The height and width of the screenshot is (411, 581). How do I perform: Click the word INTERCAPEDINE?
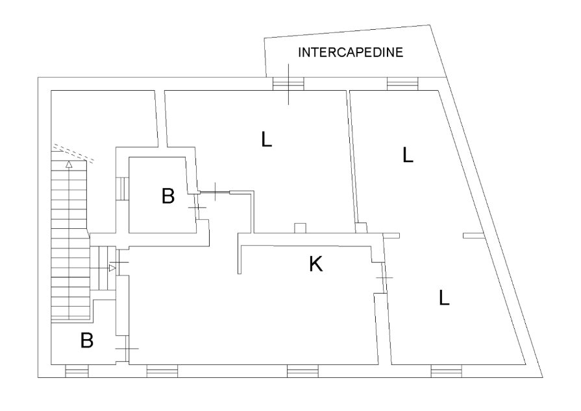click(351, 53)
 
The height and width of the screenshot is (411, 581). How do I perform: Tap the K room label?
click(315, 264)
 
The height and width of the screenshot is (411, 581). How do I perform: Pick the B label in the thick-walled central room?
click(168, 196)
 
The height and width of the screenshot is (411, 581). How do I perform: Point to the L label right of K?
click(444, 298)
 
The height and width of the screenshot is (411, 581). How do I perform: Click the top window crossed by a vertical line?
click(288, 84)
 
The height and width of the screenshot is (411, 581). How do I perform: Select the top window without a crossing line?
click(401, 84)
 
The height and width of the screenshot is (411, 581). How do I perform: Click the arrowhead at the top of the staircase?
click(69, 165)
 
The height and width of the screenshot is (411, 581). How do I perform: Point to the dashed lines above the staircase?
click(74, 152)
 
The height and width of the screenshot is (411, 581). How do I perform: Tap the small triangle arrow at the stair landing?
click(112, 268)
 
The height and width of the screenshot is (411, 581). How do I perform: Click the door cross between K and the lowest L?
click(384, 278)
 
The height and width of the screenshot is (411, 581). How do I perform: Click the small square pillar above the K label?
click(300, 228)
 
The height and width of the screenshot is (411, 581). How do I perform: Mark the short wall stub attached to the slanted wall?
click(473, 235)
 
